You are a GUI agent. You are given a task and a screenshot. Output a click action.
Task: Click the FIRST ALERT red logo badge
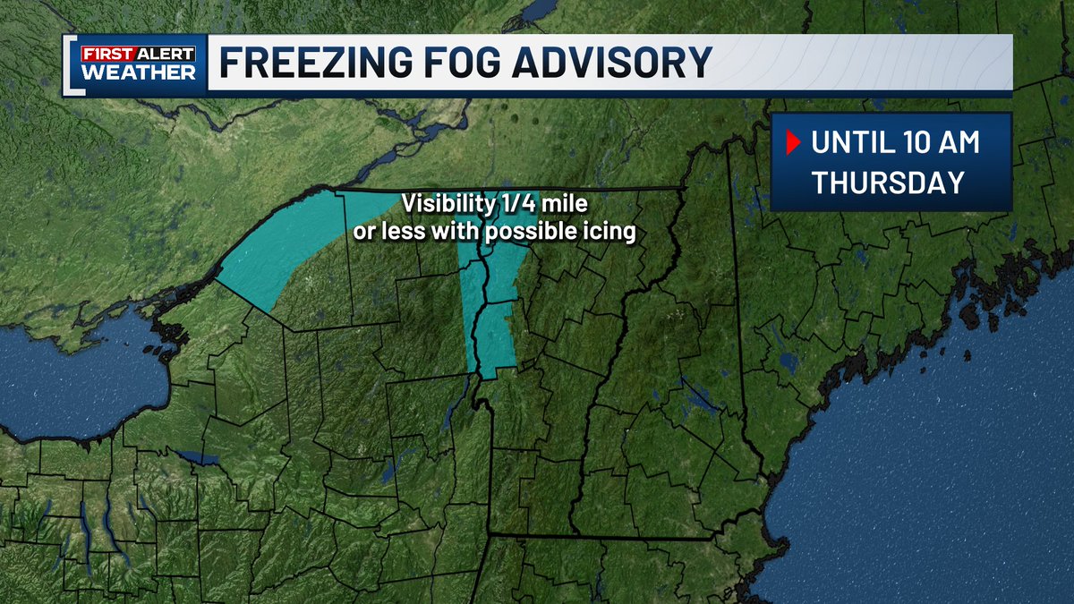click(x=138, y=53)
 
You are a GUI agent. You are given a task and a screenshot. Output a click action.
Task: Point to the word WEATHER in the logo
click(x=138, y=72)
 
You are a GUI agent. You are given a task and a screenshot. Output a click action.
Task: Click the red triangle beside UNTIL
click(x=791, y=141)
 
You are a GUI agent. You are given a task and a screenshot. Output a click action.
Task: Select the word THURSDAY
click(x=888, y=183)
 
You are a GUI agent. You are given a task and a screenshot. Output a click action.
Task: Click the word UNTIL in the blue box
click(x=851, y=141)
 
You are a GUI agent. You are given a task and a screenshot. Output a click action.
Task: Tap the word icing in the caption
click(x=613, y=232)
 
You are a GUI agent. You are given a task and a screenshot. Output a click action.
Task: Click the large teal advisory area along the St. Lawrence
click(x=286, y=246)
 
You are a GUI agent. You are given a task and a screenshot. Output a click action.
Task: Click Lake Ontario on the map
click(x=81, y=376)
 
